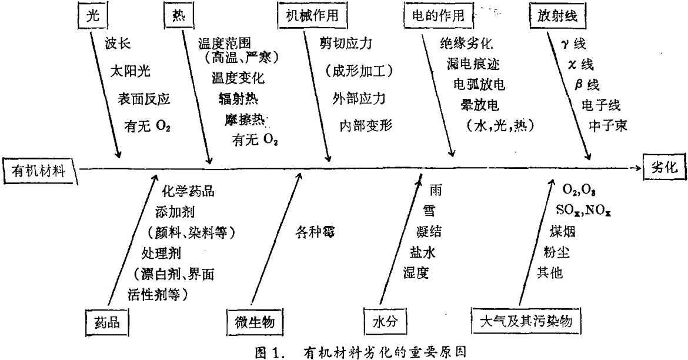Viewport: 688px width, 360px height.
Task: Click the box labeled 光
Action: pyautogui.click(x=92, y=18)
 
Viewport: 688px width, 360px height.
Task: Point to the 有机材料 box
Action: pyautogui.click(x=40, y=171)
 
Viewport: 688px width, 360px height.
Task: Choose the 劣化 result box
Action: pyautogui.click(x=663, y=166)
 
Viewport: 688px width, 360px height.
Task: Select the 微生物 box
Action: pyautogui.click(x=252, y=322)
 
